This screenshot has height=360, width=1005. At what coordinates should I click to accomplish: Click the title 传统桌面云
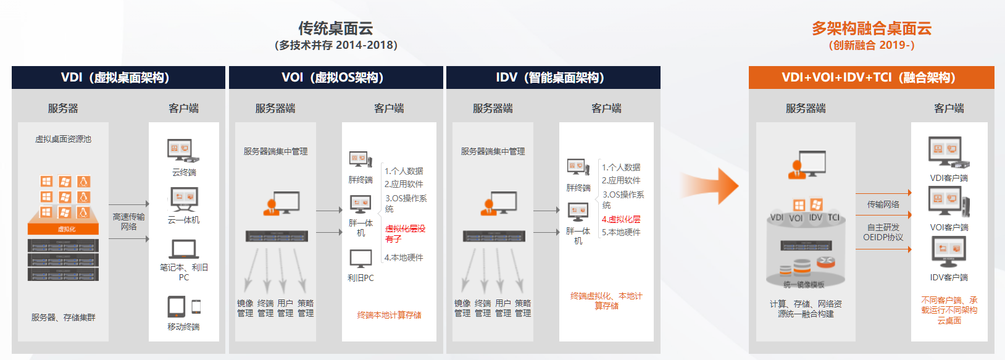[335, 28]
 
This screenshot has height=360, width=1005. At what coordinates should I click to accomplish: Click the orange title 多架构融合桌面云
[871, 28]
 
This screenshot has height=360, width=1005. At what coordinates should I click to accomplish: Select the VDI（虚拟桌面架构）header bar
[118, 77]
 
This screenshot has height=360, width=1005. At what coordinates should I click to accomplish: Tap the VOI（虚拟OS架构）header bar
[335, 77]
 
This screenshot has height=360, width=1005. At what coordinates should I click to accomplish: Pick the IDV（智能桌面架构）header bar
[553, 77]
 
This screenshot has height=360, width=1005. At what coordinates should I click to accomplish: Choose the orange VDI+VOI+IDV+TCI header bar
[871, 77]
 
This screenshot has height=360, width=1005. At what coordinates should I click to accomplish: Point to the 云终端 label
[184, 172]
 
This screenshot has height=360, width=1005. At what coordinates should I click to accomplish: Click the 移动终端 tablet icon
[177, 307]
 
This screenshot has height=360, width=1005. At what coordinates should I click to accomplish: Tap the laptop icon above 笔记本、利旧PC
[183, 249]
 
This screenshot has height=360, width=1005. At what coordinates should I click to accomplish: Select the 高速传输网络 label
[128, 222]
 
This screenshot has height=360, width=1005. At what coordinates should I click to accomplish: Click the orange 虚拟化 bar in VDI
[64, 229]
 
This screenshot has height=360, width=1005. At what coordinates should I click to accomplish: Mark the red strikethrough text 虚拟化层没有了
[405, 233]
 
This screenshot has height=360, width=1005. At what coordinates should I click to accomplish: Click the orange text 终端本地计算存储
[389, 315]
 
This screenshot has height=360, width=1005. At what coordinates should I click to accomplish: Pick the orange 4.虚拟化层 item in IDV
[621, 219]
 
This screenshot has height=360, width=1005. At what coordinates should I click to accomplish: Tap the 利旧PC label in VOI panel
[361, 278]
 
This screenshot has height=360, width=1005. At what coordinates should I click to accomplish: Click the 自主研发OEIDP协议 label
[883, 232]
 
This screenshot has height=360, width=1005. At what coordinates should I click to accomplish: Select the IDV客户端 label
[949, 277]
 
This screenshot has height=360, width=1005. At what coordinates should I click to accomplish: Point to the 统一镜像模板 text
[804, 285]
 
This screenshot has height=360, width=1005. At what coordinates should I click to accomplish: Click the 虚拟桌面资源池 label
[63, 139]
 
